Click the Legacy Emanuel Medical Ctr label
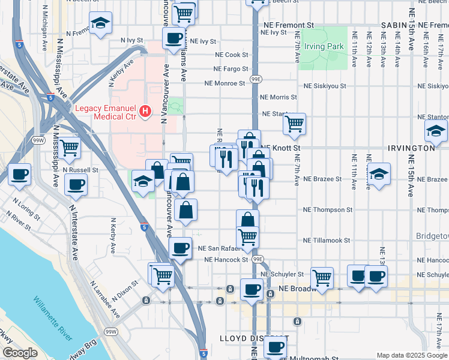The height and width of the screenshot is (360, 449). (x=106, y=112)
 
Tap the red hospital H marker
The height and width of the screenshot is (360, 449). (x=145, y=110)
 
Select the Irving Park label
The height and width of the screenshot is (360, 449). (x=324, y=46)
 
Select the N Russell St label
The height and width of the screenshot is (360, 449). (x=80, y=170)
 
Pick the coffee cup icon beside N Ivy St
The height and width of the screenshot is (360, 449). (x=174, y=38)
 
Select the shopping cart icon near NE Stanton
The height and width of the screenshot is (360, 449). (x=294, y=124)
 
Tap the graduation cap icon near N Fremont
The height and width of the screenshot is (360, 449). (x=100, y=23)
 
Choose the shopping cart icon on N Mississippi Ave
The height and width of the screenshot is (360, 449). (x=70, y=146)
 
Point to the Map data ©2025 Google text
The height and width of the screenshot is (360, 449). (x=411, y=355)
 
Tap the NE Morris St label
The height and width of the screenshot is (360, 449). (x=278, y=97)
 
